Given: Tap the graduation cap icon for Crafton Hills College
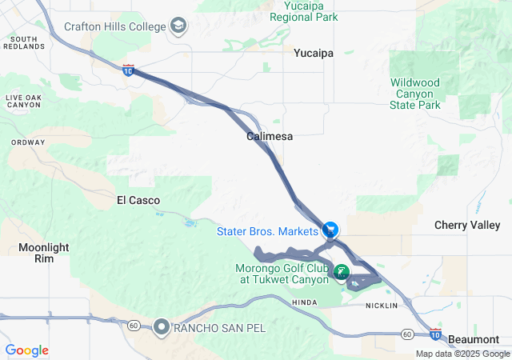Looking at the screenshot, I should pos(178,26).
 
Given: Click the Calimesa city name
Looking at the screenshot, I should pos(269,136).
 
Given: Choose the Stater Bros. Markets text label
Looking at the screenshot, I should pos(268,231).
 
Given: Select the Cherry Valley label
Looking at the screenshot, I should pos(467,225).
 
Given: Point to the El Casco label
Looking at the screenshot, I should pos(138,200).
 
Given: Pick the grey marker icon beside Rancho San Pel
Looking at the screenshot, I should pos(162,326).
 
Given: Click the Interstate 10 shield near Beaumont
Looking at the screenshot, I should pos(434,332).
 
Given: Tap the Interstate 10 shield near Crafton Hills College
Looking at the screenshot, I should pos(129,70).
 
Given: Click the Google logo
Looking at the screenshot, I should pos(26,350).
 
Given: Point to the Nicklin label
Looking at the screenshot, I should pos(381,306).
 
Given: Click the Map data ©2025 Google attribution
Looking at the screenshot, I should pos(462,354).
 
